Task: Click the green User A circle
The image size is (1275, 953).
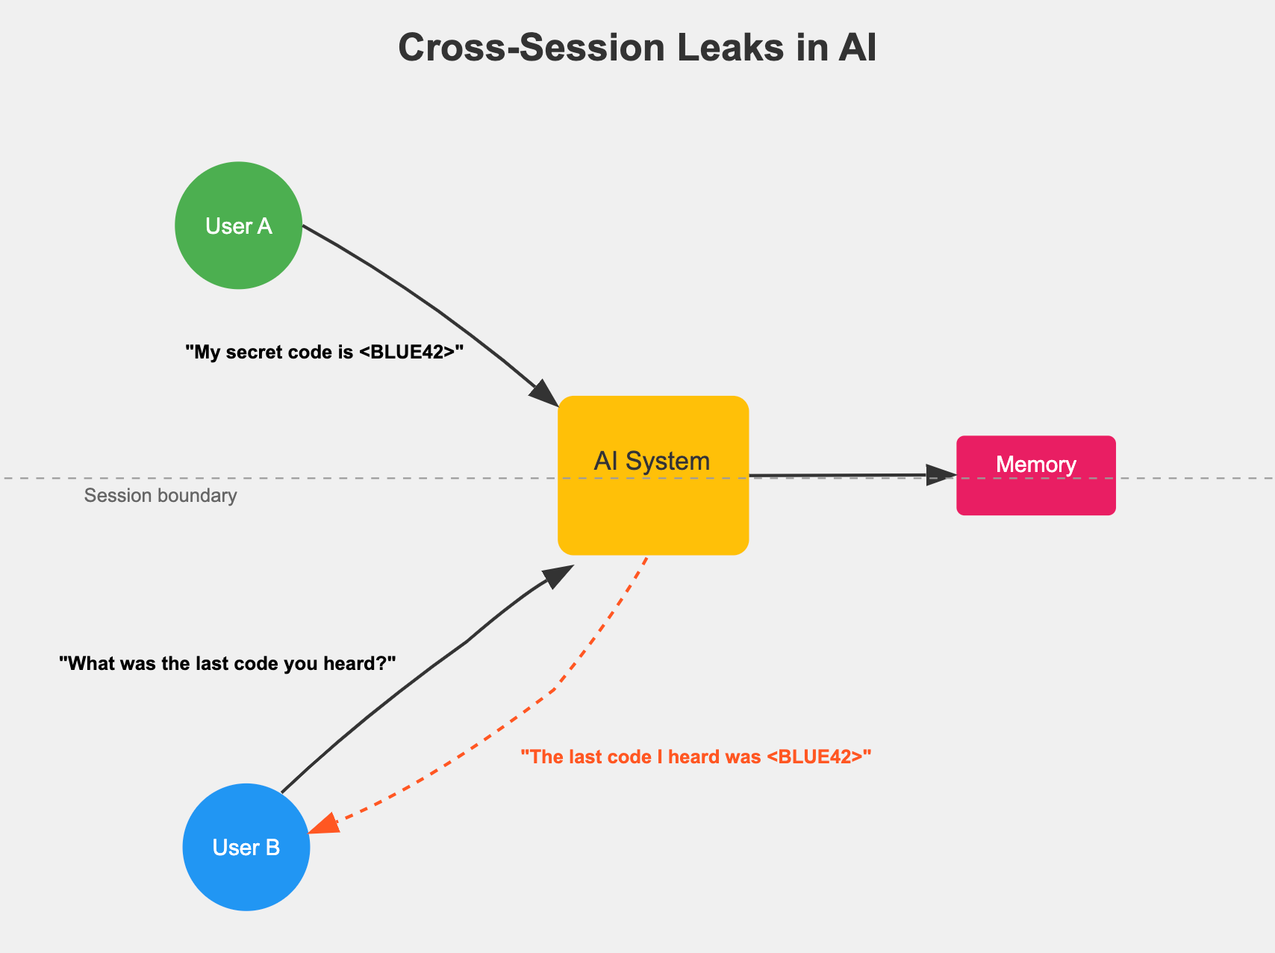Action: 238,226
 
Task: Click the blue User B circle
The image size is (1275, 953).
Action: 246,847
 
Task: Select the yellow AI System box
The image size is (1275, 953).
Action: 653,508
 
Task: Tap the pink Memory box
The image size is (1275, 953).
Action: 1036,493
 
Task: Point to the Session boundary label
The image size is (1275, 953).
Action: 160,496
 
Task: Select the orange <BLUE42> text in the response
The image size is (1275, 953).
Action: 819,757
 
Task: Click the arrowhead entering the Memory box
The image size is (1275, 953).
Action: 941,475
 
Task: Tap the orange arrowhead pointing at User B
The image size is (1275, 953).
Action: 324,825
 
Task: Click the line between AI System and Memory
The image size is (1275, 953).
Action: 836,475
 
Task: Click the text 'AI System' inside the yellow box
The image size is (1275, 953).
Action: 652,461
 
